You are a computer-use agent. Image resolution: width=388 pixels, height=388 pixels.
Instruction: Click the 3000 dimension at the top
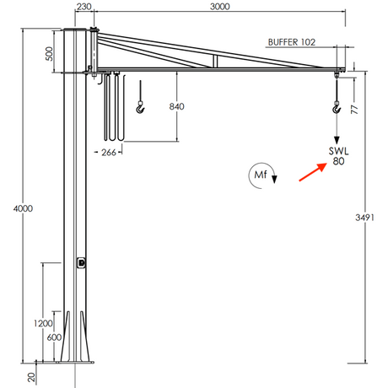(218, 6)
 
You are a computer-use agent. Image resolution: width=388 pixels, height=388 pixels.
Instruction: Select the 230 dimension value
(83, 6)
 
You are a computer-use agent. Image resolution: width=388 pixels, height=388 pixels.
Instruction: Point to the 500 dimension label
(49, 54)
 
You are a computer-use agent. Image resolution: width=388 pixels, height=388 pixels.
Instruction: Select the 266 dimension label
(108, 153)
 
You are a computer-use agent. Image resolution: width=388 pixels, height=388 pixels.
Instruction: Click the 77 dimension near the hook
(355, 108)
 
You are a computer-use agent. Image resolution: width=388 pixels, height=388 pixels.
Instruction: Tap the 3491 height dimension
(364, 217)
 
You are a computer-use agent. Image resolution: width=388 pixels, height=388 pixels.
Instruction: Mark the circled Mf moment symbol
(260, 174)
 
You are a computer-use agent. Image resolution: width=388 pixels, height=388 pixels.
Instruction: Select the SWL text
(339, 151)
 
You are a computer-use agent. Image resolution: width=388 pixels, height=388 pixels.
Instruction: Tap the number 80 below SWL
(339, 161)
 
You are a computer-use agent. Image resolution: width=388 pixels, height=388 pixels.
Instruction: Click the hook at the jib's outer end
(337, 106)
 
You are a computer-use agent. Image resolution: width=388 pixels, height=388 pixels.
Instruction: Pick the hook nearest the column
(140, 106)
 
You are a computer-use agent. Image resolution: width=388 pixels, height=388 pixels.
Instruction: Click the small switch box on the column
(82, 262)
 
